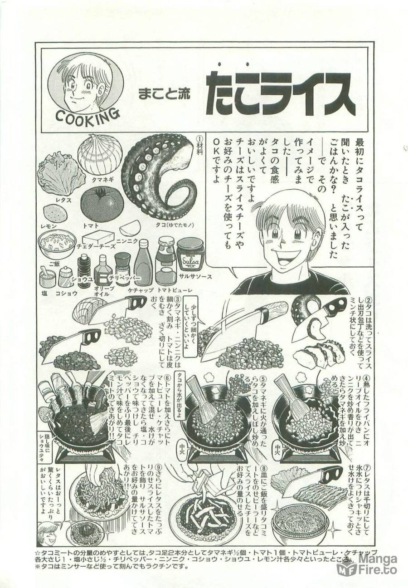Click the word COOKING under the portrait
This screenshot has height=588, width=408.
[87, 117]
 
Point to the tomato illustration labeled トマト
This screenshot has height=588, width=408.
[102, 204]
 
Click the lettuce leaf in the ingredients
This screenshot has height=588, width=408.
[62, 175]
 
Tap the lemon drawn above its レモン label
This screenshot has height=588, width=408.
[55, 213]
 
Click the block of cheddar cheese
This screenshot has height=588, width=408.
[98, 237]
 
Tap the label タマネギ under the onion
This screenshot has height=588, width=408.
[103, 180]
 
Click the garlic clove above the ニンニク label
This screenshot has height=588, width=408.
[130, 227]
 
